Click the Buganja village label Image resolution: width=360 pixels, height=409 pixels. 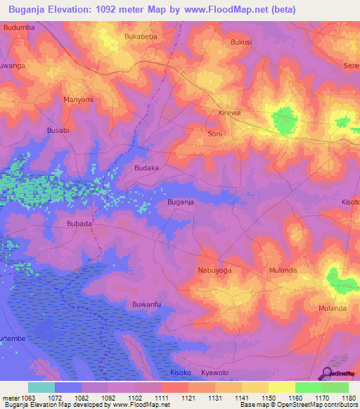[180, 202]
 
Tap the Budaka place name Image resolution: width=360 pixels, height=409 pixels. [146, 168]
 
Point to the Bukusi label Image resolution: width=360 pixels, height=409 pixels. [240, 42]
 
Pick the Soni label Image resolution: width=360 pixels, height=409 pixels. [215, 132]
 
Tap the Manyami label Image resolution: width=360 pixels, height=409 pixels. [78, 100]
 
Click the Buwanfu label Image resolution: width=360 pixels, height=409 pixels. [147, 304]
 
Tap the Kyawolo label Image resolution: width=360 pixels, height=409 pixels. [215, 372]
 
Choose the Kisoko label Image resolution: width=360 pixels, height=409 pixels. [181, 372]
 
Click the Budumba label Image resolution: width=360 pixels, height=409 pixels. [19, 27]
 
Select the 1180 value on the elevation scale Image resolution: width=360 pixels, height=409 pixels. [349, 397]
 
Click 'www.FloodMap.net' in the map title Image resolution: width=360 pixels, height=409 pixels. [227, 9]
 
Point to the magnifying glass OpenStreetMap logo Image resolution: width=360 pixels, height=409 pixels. [327, 375]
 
